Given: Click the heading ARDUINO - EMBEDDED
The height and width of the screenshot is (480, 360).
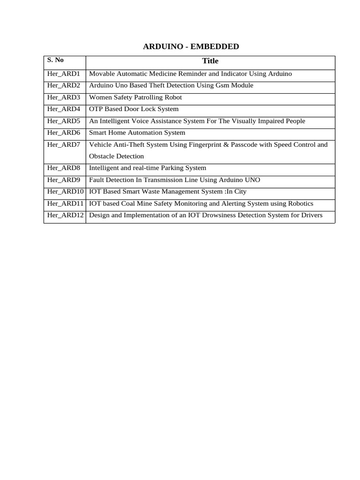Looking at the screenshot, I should point(191,46).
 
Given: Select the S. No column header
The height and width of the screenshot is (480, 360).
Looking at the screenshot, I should point(55,60).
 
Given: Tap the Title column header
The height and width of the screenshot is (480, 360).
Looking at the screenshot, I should point(210,61).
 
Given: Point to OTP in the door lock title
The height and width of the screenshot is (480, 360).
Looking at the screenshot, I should point(96,109).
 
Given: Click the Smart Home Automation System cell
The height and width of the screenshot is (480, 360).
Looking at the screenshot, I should point(137,133).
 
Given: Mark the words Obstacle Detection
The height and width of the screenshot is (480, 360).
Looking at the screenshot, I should point(116,156).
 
